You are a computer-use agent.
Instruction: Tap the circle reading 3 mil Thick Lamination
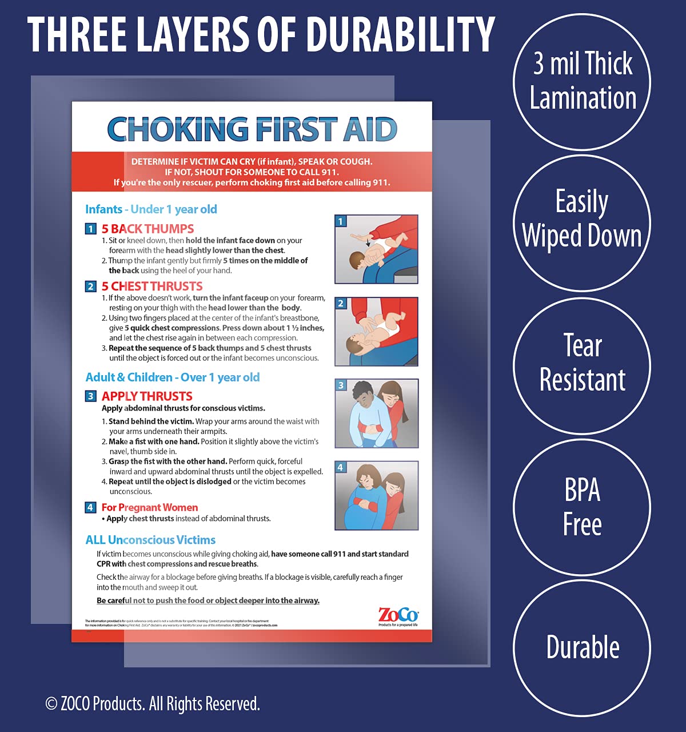click(x=582, y=82)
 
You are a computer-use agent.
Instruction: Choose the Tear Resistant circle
click(x=582, y=364)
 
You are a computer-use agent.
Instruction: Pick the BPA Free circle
click(x=582, y=507)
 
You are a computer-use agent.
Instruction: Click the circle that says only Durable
click(x=582, y=647)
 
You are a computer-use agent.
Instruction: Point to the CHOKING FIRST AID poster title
click(x=252, y=130)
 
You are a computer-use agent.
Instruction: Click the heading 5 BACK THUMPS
click(x=147, y=229)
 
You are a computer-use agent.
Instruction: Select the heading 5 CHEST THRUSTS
click(x=152, y=287)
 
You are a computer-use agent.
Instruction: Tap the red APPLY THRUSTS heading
click(x=147, y=396)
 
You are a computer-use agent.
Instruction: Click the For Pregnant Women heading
click(x=150, y=507)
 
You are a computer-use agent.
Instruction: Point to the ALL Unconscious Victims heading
click(x=150, y=540)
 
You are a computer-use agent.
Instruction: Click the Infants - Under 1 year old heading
click(x=151, y=209)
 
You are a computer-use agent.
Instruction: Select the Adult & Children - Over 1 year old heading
click(x=173, y=377)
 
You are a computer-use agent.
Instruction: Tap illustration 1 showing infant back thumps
click(x=376, y=249)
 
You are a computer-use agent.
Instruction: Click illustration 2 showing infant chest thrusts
click(x=376, y=332)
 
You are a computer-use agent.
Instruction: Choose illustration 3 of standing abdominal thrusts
click(x=376, y=413)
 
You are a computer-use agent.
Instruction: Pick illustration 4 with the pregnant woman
click(x=376, y=495)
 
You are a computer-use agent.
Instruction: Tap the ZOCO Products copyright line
click(x=153, y=703)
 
